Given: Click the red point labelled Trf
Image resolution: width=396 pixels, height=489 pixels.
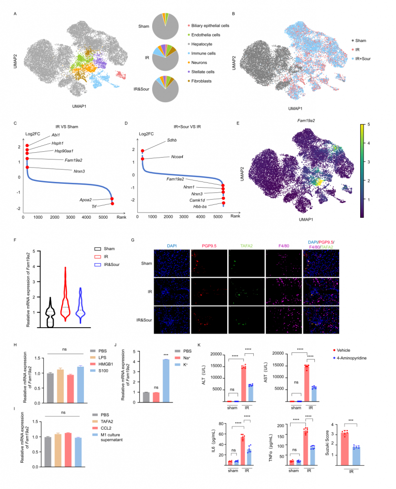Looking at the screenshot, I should point(113,203).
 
